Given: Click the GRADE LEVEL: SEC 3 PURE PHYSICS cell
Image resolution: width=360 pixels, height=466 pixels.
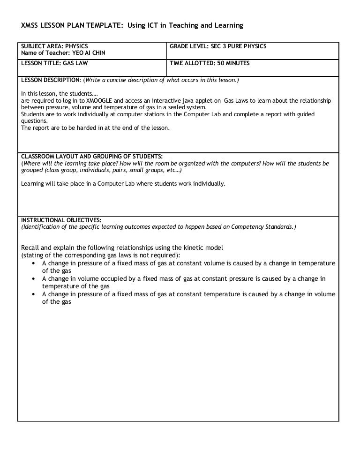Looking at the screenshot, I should coord(218,46).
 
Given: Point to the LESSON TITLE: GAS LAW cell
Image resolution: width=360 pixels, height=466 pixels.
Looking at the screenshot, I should coord(54,63).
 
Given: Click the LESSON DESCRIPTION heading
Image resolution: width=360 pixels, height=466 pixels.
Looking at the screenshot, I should coord(51,80).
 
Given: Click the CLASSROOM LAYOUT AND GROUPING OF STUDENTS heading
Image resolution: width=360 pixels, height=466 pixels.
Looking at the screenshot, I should coord(92,157).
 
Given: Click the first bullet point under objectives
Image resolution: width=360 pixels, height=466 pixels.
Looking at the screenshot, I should coord(34,263).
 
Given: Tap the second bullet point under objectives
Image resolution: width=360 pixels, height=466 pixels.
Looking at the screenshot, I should coord(34,279).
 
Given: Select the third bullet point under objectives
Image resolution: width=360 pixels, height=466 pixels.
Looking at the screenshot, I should coord(34,294).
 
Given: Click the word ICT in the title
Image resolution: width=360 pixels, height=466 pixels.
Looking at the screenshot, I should coord(153,25).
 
